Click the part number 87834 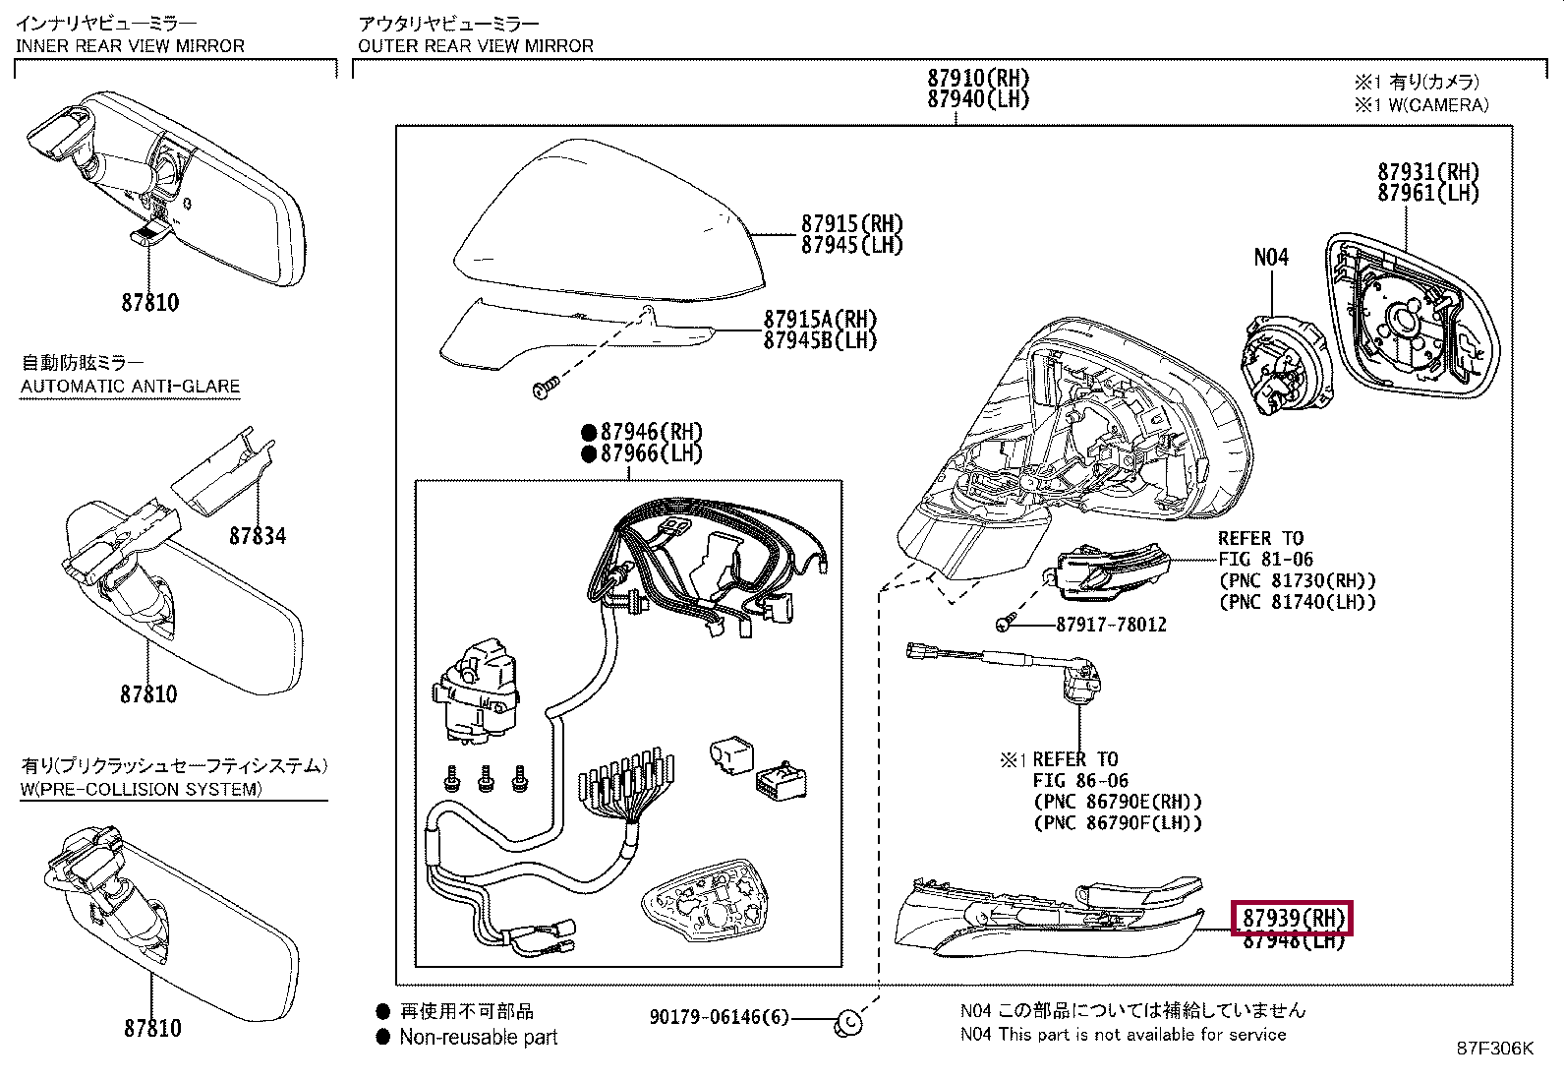pyautogui.click(x=258, y=536)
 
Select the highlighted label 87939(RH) pyautogui.click(x=1293, y=918)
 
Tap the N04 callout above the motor pyautogui.click(x=1270, y=258)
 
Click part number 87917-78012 pyautogui.click(x=1111, y=625)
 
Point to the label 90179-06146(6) pyautogui.click(x=719, y=1017)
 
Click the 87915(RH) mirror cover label pyautogui.click(x=851, y=224)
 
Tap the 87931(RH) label pyautogui.click(x=1427, y=172)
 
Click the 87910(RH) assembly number pyautogui.click(x=977, y=78)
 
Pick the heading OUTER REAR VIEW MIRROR pyautogui.click(x=476, y=46)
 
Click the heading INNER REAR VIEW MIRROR pyautogui.click(x=130, y=46)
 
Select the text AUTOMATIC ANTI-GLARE pyautogui.click(x=130, y=387)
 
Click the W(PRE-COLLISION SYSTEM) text pyautogui.click(x=142, y=789)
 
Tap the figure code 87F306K pyautogui.click(x=1494, y=1049)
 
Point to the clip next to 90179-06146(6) pyautogui.click(x=847, y=1023)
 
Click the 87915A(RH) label pyautogui.click(x=820, y=320)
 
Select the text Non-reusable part pyautogui.click(x=478, y=1037)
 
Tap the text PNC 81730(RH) pyautogui.click(x=1298, y=581)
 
